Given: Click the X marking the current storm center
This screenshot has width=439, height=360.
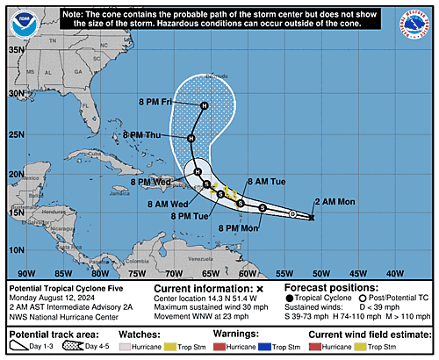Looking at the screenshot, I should [x=313, y=217].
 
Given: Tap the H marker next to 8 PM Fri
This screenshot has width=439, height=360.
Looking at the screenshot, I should [x=204, y=106].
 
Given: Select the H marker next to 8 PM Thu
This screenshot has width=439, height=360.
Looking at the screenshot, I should [x=191, y=138].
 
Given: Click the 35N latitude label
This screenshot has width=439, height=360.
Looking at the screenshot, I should [x=15, y=49].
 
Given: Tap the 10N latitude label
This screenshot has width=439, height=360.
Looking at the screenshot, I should [x=15, y=249].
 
